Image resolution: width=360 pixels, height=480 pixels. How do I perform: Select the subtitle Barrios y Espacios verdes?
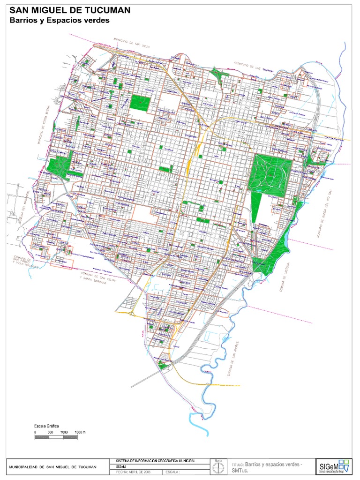tap(60, 20)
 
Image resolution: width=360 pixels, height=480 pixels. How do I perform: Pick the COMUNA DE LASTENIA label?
tap(283, 277)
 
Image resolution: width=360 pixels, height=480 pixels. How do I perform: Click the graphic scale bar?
tap(56, 437)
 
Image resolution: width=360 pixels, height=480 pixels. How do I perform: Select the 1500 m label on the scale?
tap(80, 431)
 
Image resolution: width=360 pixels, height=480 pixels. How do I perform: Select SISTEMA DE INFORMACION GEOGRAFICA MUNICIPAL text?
tap(155, 461)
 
